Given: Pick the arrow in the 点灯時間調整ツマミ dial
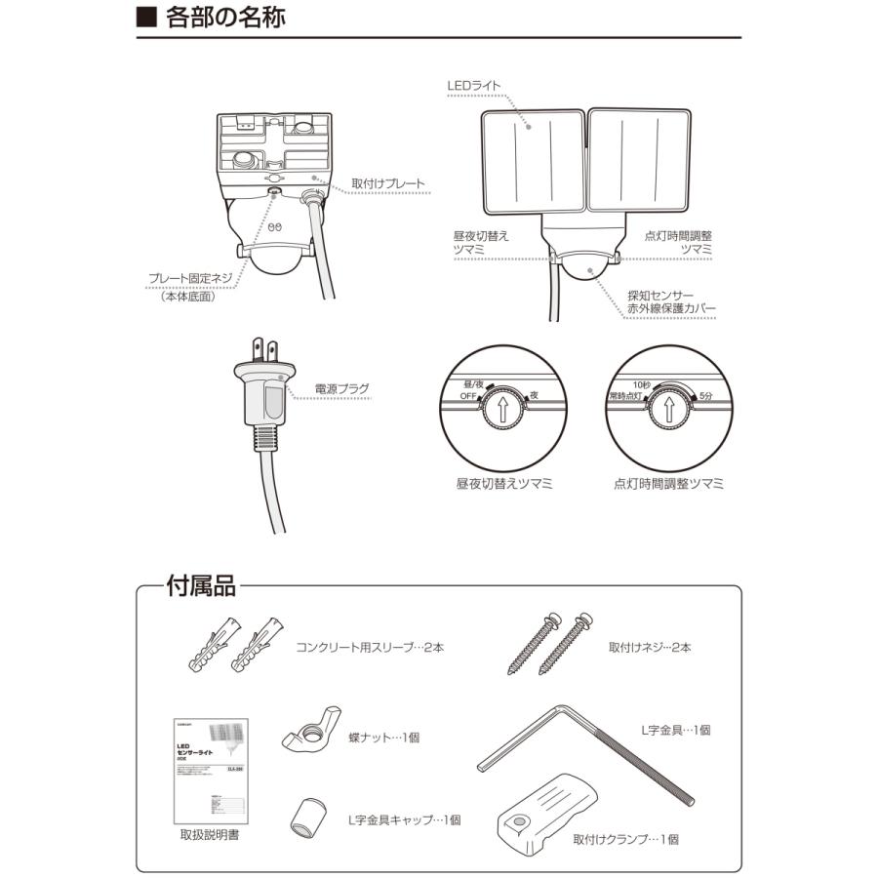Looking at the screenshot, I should [x=668, y=410].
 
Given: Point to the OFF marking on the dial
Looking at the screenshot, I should [x=470, y=396].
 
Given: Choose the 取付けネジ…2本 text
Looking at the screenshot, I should [x=650, y=647].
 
